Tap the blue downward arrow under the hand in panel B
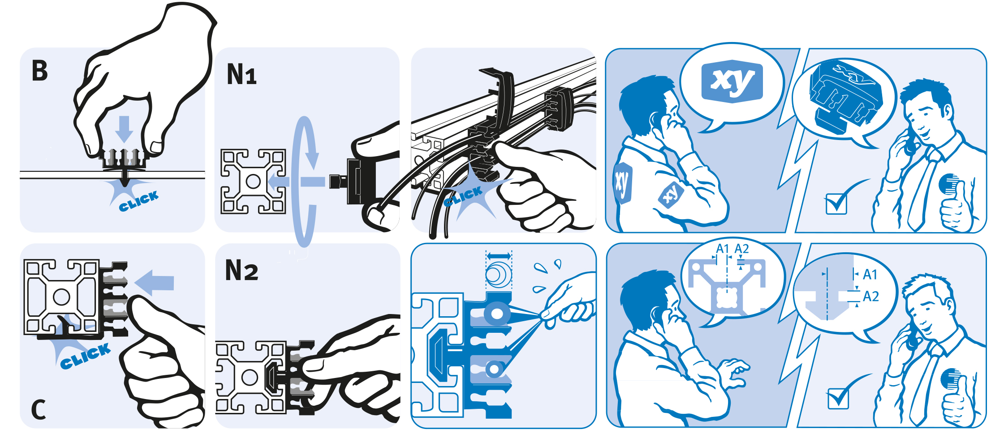124,129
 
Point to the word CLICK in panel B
138,201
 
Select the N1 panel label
241,74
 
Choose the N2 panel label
241,270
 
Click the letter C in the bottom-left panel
39,409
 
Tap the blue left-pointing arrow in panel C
154,283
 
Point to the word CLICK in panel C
85,357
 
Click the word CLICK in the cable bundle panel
463,196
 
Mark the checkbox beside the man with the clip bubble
836,204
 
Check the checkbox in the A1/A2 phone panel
838,399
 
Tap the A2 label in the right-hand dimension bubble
871,296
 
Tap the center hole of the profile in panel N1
253,181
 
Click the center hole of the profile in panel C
61,297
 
